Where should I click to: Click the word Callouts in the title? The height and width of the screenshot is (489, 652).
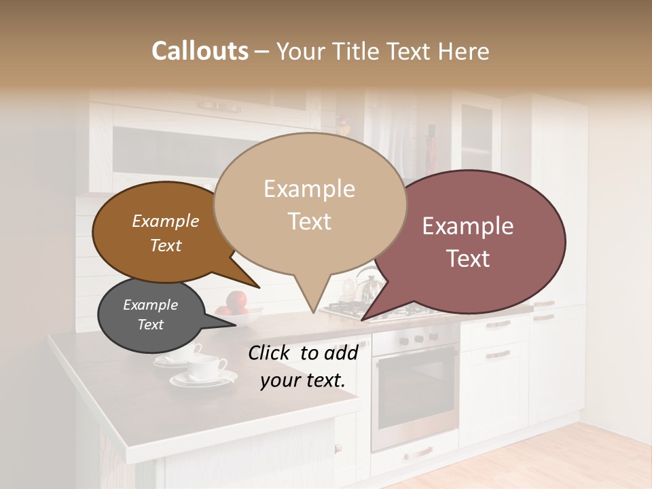click(x=200, y=51)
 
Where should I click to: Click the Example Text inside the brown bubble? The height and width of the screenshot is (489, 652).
click(x=166, y=233)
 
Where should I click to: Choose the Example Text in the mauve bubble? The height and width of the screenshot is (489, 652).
click(x=468, y=242)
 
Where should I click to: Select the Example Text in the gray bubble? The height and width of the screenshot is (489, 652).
click(x=150, y=314)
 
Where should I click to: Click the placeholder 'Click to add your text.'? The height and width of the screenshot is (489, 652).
click(x=302, y=366)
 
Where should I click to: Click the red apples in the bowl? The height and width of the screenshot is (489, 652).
click(x=236, y=301)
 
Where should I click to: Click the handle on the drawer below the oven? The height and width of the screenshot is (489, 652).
click(x=421, y=452)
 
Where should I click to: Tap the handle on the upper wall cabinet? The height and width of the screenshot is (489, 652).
click(x=218, y=105)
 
